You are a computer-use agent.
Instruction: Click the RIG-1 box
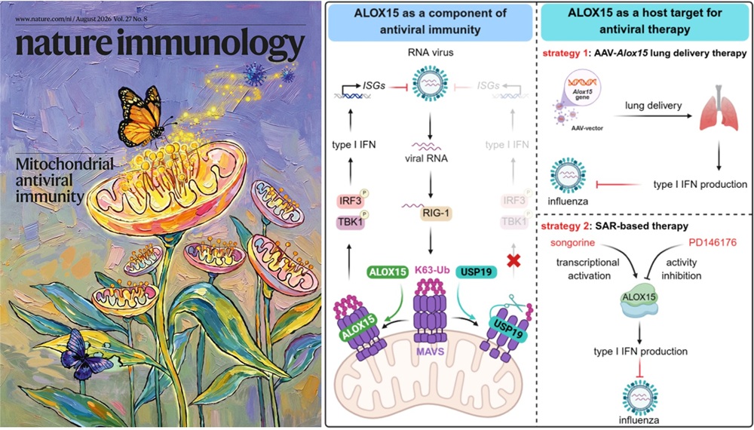pyautogui.click(x=430, y=213)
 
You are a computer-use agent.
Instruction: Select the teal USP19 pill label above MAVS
pyautogui.click(x=480, y=272)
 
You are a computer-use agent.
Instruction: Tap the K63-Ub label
pyautogui.click(x=432, y=270)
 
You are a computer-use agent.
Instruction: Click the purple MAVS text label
pyautogui.click(x=431, y=352)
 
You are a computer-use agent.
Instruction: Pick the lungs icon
pyautogui.click(x=719, y=109)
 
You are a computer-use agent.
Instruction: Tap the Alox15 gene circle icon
pyautogui.click(x=584, y=87)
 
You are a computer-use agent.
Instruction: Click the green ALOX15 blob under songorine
pyautogui.click(x=639, y=303)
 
